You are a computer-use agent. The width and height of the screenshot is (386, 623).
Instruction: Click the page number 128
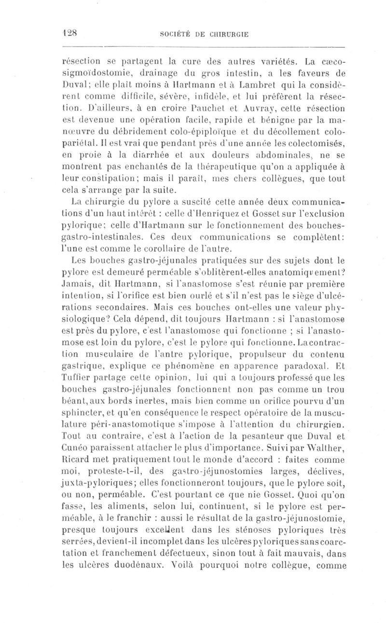(x=71, y=34)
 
